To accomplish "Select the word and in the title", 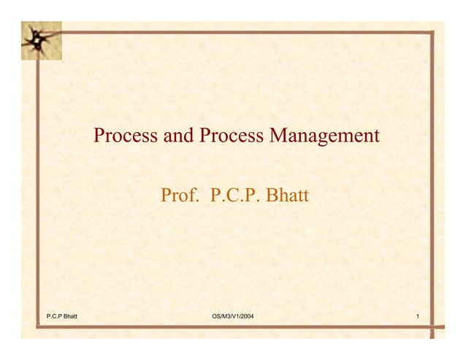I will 174,137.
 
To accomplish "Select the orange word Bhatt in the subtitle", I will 288,196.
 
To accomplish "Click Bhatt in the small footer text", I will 71,316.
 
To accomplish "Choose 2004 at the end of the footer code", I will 246,316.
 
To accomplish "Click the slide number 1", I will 416,316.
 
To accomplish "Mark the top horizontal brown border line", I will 241,32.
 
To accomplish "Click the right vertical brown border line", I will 432,183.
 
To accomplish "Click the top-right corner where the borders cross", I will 432,32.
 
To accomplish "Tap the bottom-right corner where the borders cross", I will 432,329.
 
